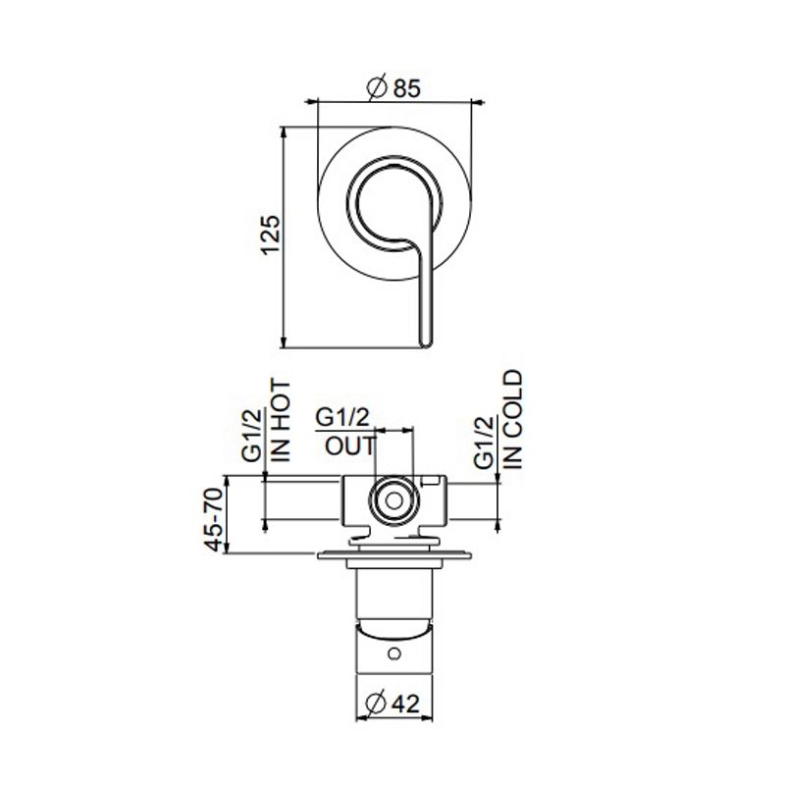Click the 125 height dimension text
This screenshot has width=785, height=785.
tap(272, 235)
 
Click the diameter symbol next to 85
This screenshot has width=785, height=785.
tap(375, 88)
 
